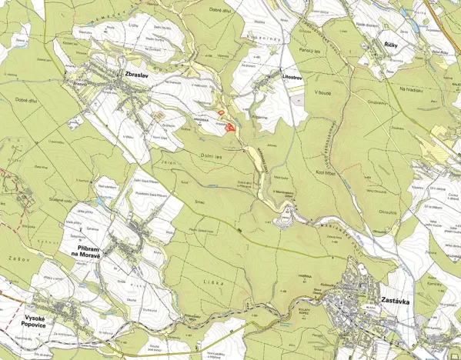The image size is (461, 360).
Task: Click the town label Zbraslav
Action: (135, 74)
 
